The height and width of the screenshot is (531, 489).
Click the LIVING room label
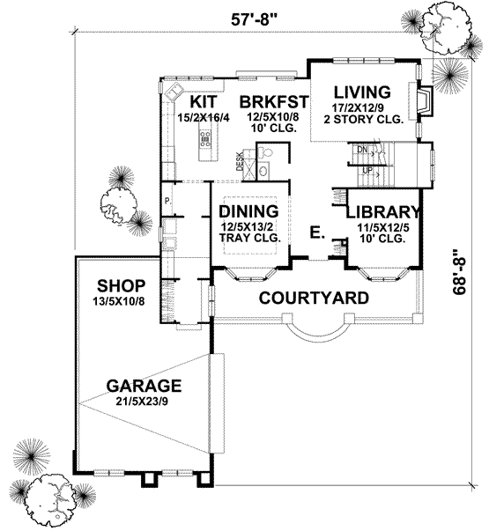(x=362, y=92)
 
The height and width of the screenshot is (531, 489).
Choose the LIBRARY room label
(x=382, y=212)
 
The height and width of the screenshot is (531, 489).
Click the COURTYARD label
(x=313, y=298)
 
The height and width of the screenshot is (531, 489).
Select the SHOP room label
(x=121, y=286)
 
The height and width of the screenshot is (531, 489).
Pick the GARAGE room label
(x=144, y=386)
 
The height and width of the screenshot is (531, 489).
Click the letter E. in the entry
(x=315, y=234)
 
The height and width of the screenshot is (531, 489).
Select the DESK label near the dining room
(x=239, y=161)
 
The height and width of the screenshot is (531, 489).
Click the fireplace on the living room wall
(x=424, y=102)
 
